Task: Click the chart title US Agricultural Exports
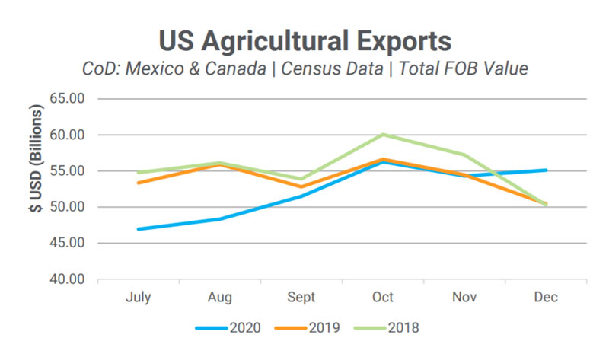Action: [x=304, y=40]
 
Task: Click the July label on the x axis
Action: [x=138, y=298]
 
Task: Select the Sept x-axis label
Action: [x=301, y=298]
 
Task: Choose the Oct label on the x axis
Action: [x=383, y=298]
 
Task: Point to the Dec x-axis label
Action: [x=546, y=298]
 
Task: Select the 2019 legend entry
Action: [x=309, y=328]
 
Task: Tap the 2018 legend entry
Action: [x=390, y=328]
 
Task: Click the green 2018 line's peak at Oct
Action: [x=383, y=134]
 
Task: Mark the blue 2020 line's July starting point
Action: [x=138, y=229]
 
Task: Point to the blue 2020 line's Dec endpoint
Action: [x=546, y=170]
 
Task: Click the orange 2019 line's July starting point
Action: [x=138, y=183]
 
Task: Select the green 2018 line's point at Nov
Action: [x=464, y=155]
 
